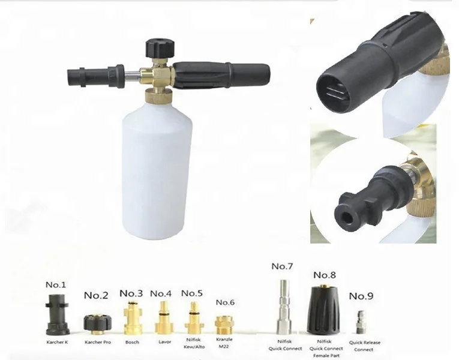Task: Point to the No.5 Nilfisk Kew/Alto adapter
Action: pyautogui.click(x=193, y=318)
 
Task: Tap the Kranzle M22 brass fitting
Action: pyautogui.click(x=224, y=324)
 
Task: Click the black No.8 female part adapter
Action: pyautogui.click(x=323, y=309)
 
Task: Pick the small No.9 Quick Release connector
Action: pyautogui.click(x=362, y=322)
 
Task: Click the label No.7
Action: pyautogui.click(x=281, y=266)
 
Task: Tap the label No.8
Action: pyautogui.click(x=325, y=274)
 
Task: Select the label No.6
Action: pyautogui.click(x=224, y=302)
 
